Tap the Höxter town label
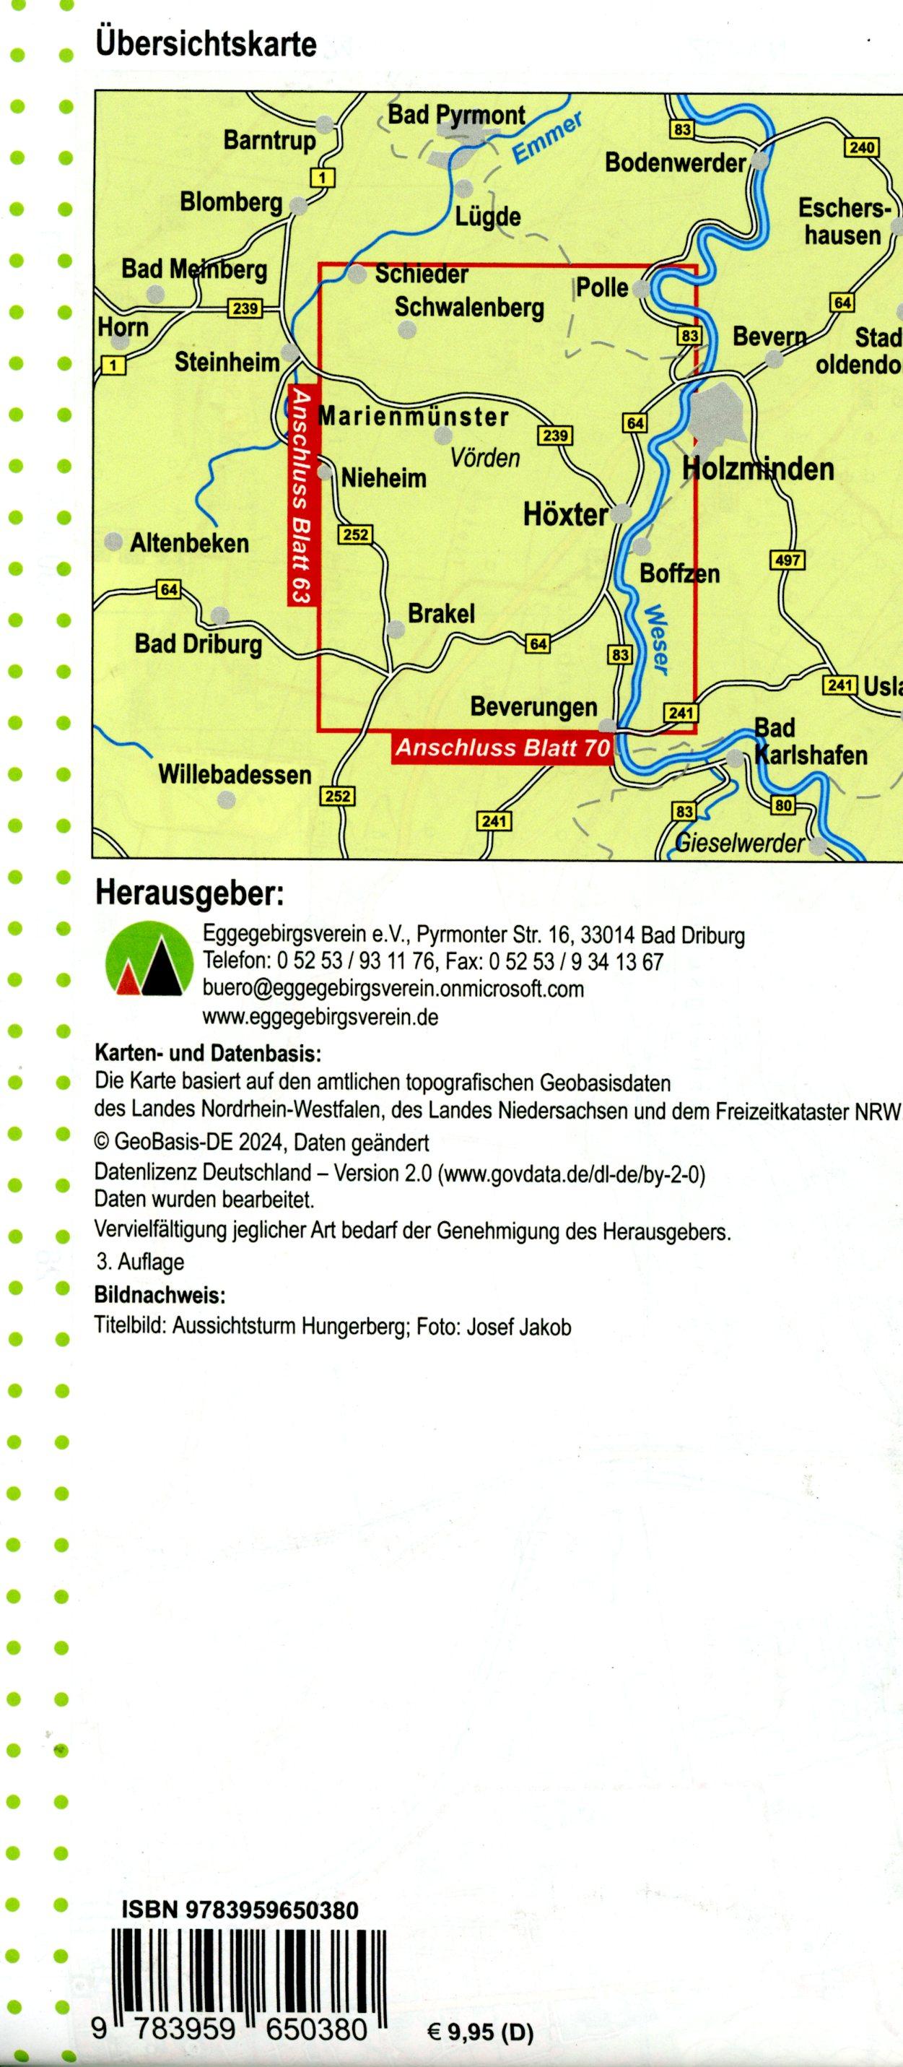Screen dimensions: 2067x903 pos(565,514)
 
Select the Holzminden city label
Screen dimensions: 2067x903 pos(758,469)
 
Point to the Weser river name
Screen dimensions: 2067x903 pos(656,638)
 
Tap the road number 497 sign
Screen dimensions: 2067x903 pos(786,560)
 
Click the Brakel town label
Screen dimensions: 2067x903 pos(441,614)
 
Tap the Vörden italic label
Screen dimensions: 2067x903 pos(485,458)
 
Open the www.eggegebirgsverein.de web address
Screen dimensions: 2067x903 pos(320,1018)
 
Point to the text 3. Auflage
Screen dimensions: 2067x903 pos(139,1262)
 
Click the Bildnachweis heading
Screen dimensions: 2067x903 pos(160,1295)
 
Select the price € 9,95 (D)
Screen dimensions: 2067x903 pos(480,2032)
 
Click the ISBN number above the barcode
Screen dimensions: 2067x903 pos(240,1910)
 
